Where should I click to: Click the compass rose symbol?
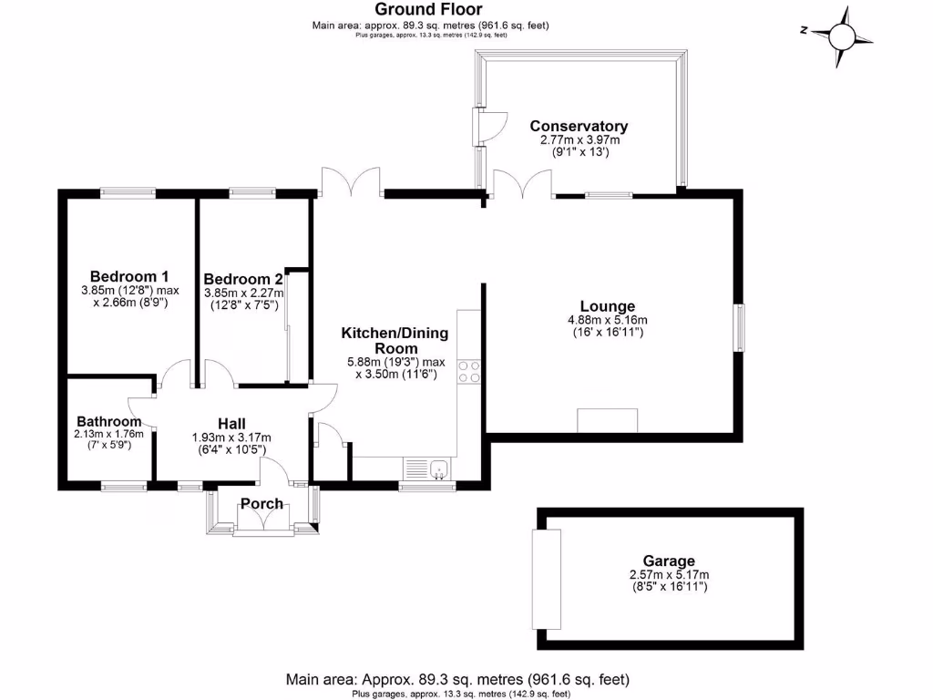(x=841, y=36)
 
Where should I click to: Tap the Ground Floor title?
(x=430, y=10)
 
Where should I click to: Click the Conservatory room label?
(x=579, y=126)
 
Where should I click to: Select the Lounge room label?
(x=608, y=306)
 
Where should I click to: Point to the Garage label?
(x=669, y=561)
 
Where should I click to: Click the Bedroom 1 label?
(x=129, y=276)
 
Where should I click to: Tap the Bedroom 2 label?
(x=243, y=279)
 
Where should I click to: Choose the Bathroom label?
(x=108, y=421)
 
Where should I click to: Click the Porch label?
(x=261, y=504)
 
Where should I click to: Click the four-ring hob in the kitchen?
(x=469, y=371)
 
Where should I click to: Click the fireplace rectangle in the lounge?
(x=608, y=421)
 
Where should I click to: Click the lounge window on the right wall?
(x=740, y=326)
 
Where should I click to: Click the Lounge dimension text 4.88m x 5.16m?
(x=607, y=320)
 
